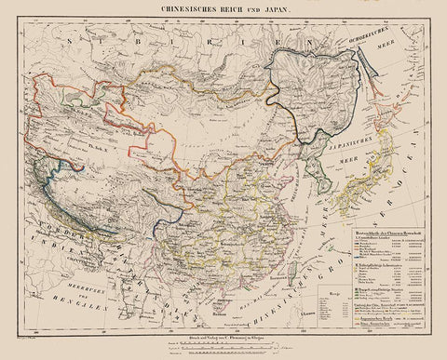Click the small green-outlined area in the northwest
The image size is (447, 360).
[x=74, y=92]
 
